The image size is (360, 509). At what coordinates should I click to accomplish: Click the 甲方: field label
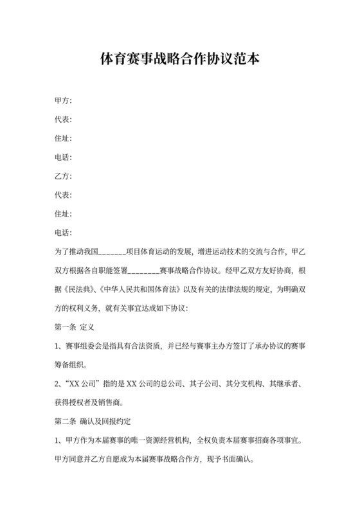(63, 101)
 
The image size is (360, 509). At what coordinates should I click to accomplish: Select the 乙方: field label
(63, 175)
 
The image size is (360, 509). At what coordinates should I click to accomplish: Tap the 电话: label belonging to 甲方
(63, 157)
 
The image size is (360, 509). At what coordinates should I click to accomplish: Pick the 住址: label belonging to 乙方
(63, 213)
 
